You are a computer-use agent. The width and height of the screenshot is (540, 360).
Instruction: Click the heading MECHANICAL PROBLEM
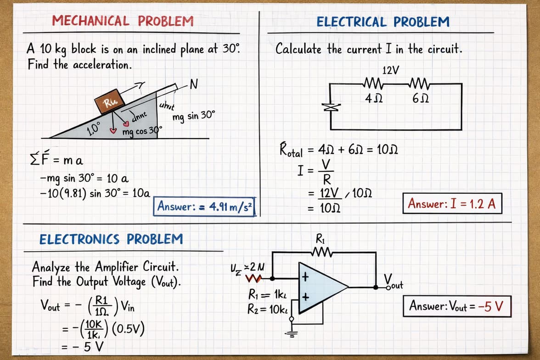(123, 21)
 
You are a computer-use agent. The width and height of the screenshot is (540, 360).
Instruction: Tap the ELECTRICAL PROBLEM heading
(383, 22)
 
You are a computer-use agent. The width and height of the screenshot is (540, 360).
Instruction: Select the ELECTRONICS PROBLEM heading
(111, 239)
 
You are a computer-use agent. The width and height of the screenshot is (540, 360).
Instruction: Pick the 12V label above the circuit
(390, 70)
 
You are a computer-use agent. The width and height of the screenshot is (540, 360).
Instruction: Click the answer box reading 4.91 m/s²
(205, 207)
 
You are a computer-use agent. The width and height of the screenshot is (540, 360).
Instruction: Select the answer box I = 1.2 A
(452, 204)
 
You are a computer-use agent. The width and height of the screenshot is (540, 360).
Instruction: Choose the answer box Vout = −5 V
(457, 306)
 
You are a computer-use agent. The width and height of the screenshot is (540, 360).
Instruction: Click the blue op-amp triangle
(320, 287)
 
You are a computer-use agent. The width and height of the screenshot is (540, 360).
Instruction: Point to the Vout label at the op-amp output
(394, 281)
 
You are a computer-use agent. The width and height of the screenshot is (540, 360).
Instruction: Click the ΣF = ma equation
(56, 160)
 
